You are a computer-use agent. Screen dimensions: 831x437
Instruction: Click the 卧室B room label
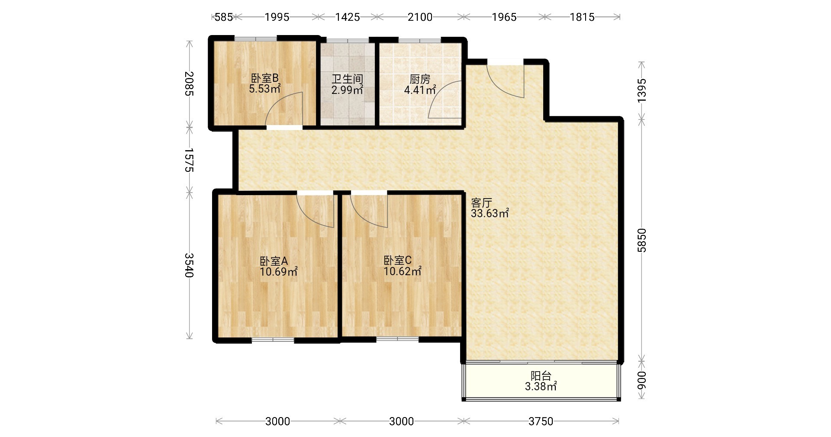click(265, 78)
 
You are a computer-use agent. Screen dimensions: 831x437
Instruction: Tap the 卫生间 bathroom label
click(347, 79)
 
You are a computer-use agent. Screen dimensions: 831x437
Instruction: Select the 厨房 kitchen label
click(420, 79)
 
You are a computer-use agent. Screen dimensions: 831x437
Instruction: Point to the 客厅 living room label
click(482, 203)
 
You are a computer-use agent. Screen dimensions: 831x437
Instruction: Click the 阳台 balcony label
click(541, 376)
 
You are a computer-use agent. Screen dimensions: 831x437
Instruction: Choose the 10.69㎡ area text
click(279, 272)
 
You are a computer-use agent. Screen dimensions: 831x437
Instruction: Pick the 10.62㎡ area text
click(403, 271)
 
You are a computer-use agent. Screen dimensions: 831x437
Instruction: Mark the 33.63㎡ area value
click(490, 213)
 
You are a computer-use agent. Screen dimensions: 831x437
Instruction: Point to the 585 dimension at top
click(224, 17)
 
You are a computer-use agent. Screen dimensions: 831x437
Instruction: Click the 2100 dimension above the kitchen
click(420, 17)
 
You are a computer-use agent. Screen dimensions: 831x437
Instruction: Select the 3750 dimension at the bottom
click(541, 421)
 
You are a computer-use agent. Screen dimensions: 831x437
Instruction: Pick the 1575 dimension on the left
click(189, 160)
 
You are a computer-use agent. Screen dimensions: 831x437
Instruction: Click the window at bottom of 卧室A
click(273, 340)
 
